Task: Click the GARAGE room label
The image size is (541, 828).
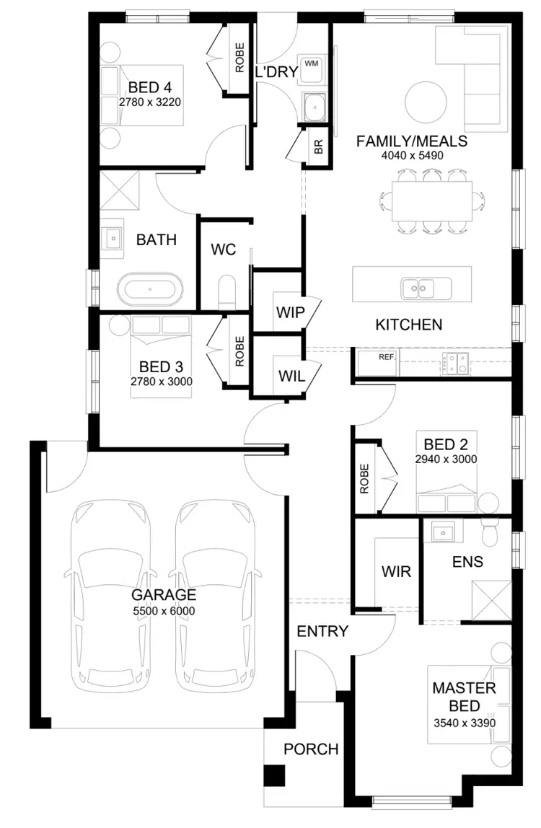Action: coord(164,595)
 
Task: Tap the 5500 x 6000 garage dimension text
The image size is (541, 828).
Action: coord(164,611)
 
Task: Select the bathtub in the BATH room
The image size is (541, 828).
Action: coord(150,291)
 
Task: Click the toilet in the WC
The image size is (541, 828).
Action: coord(226,291)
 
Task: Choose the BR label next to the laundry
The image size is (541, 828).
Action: coord(318,146)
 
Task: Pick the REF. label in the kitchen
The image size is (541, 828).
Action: coord(388,357)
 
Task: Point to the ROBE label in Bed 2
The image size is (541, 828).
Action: coord(364,477)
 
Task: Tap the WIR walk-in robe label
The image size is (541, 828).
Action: coord(396,571)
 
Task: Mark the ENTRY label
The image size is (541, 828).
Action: coord(322,631)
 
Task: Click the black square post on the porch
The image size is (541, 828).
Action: coord(274,776)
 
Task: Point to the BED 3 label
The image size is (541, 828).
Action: coord(160,366)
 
